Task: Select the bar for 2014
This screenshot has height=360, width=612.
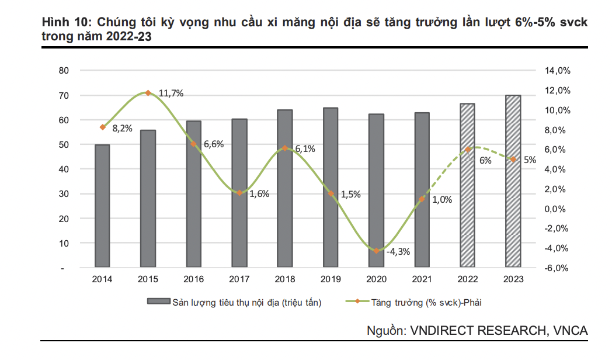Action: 102,206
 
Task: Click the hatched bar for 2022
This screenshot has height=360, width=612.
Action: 467,185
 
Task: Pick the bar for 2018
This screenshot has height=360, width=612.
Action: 284,188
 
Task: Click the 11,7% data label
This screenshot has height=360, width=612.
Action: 171,93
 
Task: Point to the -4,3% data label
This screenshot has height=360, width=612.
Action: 399,252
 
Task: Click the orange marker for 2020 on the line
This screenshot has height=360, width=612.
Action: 376,251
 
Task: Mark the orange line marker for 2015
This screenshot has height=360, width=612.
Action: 148,93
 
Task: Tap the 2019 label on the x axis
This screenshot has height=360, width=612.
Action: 331,279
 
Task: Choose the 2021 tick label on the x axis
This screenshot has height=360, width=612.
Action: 422,279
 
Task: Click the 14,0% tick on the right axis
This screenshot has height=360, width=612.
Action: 557,71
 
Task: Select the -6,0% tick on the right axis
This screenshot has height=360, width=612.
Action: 557,268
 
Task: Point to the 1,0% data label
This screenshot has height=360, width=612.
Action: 442,199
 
